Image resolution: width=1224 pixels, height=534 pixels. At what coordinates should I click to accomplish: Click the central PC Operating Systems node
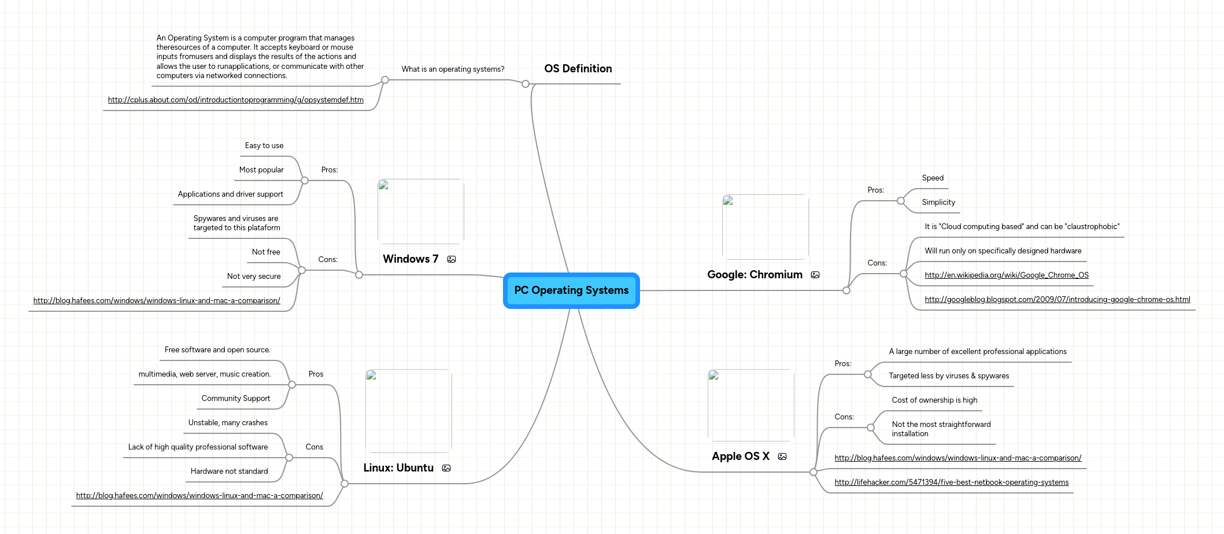[x=571, y=290]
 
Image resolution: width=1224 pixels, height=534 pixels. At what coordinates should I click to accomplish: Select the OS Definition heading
[x=578, y=69]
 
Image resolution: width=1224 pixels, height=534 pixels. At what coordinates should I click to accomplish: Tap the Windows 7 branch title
[x=411, y=259]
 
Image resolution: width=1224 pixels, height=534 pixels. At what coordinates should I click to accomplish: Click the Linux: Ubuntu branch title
[x=398, y=468]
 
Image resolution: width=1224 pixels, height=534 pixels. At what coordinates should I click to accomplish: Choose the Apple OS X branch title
[x=741, y=456]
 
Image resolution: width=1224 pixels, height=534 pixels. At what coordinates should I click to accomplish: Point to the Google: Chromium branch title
[x=755, y=275]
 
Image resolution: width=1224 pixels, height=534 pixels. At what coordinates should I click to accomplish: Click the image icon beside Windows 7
[x=452, y=260]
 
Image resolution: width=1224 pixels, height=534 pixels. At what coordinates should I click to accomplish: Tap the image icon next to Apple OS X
[x=782, y=457]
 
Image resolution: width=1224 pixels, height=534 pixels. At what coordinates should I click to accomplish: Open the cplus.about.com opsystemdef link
[x=235, y=100]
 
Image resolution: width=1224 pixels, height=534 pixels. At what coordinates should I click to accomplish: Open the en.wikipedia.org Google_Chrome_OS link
[x=1006, y=275]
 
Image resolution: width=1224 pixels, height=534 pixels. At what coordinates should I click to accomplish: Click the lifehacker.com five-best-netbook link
[x=951, y=483]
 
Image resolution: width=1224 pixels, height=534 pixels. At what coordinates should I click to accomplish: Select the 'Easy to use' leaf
[x=264, y=146]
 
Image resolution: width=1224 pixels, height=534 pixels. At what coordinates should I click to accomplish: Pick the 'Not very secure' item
[x=254, y=277]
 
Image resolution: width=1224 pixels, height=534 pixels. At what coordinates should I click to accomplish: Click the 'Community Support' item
[x=236, y=399]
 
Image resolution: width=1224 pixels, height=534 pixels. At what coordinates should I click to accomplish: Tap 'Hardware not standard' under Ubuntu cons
[x=229, y=472]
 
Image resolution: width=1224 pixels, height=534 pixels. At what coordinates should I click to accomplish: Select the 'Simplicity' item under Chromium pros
[x=938, y=202]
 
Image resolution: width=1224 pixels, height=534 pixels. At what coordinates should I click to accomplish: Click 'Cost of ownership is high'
[x=934, y=400]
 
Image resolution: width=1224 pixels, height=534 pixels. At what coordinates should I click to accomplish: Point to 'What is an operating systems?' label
[x=453, y=69]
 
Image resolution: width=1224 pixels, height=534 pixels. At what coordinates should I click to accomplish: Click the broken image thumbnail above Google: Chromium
[x=765, y=227]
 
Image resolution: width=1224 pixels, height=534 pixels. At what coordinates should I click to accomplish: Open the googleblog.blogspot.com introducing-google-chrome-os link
[x=1057, y=300]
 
